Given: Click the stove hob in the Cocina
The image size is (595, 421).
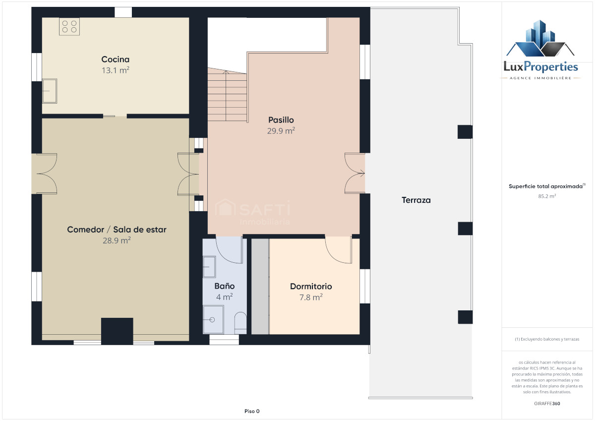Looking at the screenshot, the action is pyautogui.click(x=69, y=27).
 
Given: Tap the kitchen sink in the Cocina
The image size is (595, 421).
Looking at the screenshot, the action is pyautogui.click(x=50, y=91).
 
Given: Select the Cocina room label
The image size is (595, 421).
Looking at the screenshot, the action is pyautogui.click(x=115, y=59).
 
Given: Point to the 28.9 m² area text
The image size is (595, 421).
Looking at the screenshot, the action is pyautogui.click(x=117, y=241).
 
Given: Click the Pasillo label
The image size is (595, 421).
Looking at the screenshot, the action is pyautogui.click(x=281, y=120).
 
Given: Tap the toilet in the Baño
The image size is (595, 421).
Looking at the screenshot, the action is pyautogui.click(x=240, y=323).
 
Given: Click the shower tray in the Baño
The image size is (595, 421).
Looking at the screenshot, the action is pyautogui.click(x=213, y=319).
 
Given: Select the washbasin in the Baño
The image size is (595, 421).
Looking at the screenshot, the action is pyautogui.click(x=209, y=267).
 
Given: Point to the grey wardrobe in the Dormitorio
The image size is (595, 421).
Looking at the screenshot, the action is pyautogui.click(x=260, y=286).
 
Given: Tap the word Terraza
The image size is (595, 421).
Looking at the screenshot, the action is pyautogui.click(x=416, y=200).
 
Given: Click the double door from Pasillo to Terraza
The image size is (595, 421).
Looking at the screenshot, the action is pyautogui.click(x=355, y=173).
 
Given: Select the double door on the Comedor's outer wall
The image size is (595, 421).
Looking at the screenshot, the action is pyautogui.click(x=47, y=174).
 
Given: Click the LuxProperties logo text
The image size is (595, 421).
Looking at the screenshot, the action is pyautogui.click(x=541, y=66).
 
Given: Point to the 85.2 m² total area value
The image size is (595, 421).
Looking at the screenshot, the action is pyautogui.click(x=547, y=196).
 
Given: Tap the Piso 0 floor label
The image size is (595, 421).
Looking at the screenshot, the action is pyautogui.click(x=252, y=411).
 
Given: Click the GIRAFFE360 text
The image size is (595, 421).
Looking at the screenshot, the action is pyautogui.click(x=547, y=404).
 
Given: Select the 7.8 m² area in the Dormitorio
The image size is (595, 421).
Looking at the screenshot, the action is pyautogui.click(x=311, y=297).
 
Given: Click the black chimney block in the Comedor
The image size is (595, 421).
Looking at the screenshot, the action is pyautogui.click(x=117, y=331).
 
